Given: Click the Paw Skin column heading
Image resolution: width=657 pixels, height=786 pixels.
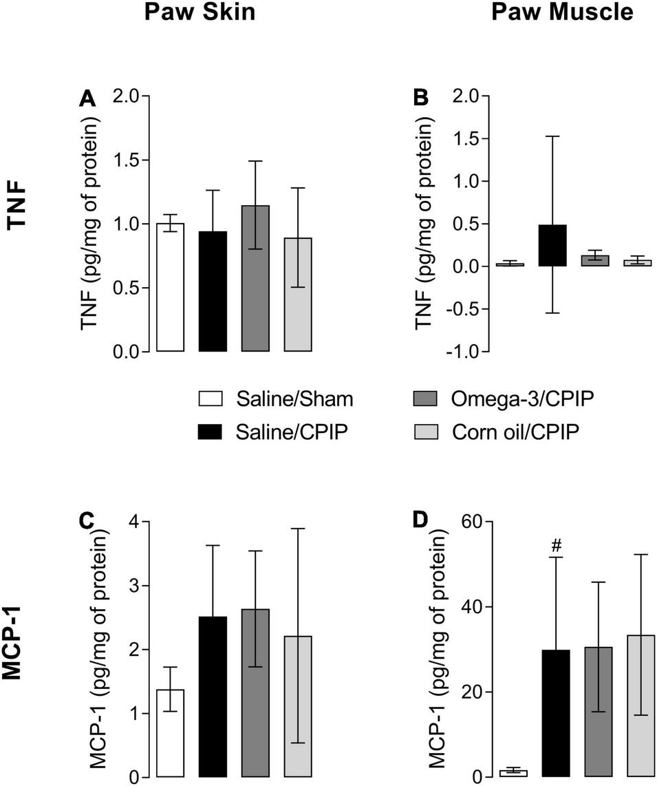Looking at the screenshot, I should point(199,12).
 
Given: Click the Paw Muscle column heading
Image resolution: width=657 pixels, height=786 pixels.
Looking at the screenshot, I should point(561,12).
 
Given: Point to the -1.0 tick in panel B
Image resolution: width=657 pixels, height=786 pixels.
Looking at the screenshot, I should point(460,352).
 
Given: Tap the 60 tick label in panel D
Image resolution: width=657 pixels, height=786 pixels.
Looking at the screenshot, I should point(469,522).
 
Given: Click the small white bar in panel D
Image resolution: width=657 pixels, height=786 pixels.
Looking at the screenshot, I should point(514,774).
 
